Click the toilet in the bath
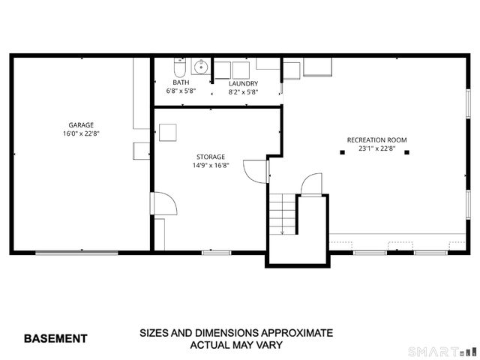[x=177, y=65]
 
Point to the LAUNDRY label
[x=243, y=83]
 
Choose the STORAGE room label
[x=211, y=157]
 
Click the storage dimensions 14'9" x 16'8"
[x=211, y=165]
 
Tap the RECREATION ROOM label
[x=376, y=140]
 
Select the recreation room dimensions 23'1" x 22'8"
[x=376, y=148]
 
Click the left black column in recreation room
[x=342, y=152]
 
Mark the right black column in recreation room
[x=407, y=152]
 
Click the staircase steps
[x=283, y=214]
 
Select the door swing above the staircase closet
[x=312, y=184]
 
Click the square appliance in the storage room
[x=167, y=131]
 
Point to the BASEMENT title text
[x=55, y=338]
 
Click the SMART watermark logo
[x=439, y=351]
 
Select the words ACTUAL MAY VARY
[x=235, y=345]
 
